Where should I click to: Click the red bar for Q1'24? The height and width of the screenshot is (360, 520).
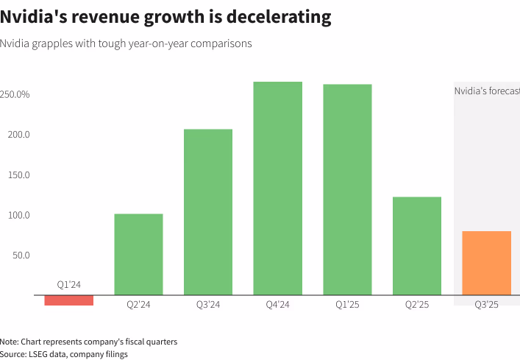tap(69, 300)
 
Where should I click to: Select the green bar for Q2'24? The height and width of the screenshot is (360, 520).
tap(138, 255)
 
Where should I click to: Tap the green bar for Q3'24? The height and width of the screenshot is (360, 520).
tap(208, 212)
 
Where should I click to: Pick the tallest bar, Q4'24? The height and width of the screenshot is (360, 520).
tap(278, 188)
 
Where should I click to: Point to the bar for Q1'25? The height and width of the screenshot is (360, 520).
tap(347, 190)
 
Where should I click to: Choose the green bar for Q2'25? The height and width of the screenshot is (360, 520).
tap(417, 246)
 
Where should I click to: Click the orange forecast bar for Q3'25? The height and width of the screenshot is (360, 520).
tap(486, 263)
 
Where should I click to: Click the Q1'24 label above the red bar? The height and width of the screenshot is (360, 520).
tap(69, 284)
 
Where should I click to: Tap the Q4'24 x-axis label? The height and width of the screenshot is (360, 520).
tap(278, 304)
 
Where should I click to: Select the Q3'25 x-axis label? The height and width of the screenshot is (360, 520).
tap(486, 304)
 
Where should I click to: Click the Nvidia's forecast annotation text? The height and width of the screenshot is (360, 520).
tap(486, 91)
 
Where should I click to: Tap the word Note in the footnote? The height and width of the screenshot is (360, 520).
tap(10, 342)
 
